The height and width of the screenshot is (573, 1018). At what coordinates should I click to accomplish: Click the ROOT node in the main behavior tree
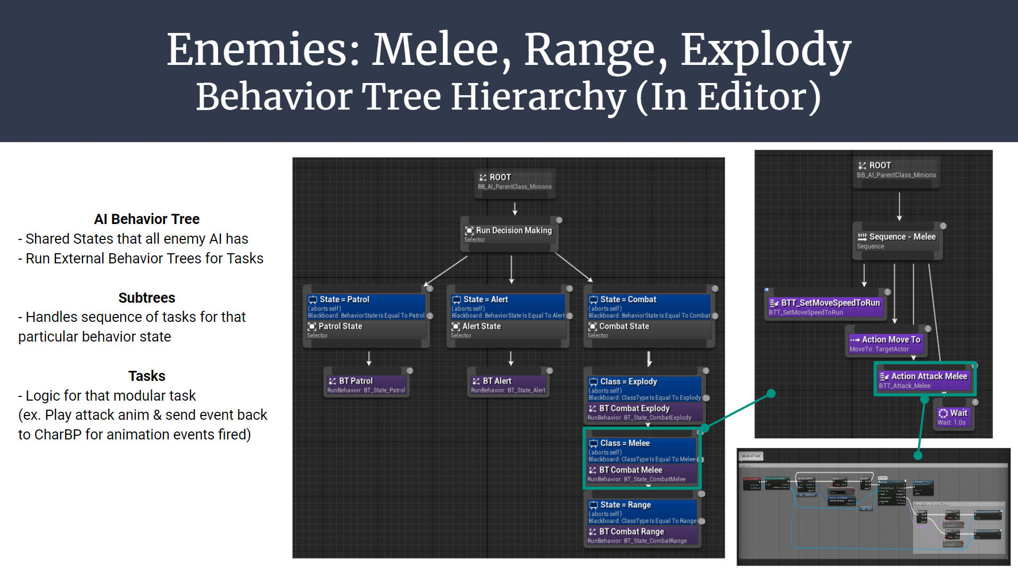tap(514, 181)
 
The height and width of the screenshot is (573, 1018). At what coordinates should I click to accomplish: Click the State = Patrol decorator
tap(366, 306)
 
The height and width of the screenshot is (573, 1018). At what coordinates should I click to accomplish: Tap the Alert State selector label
tap(481, 327)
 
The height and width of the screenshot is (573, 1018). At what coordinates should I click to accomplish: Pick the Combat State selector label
tap(624, 327)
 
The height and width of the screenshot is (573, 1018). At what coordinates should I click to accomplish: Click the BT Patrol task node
tap(367, 385)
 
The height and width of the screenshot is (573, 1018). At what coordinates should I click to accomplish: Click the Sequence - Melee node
tap(897, 240)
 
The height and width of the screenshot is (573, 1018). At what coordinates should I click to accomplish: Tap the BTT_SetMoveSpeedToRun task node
tap(825, 306)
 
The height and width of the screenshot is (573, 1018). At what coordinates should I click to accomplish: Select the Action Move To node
tap(885, 343)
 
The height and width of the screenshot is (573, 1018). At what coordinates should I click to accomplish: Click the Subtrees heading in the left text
tap(146, 298)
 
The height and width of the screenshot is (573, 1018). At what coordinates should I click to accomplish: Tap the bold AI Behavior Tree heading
tap(146, 219)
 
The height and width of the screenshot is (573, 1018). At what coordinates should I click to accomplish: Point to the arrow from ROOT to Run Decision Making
tap(515, 209)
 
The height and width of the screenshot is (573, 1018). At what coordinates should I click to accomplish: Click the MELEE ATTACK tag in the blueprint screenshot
tap(751, 456)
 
